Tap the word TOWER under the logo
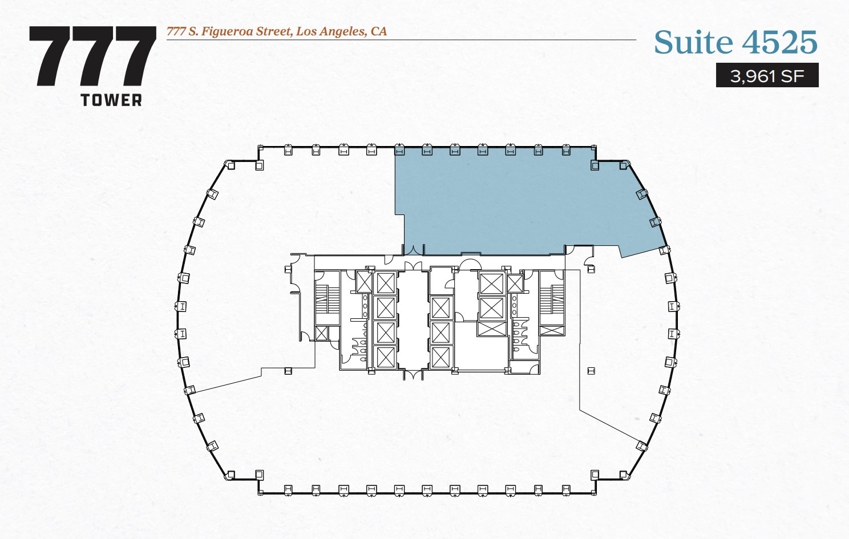[x=111, y=100]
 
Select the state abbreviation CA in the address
[x=379, y=31]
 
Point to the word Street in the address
[x=273, y=31]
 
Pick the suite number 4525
[x=779, y=43]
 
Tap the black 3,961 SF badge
[x=767, y=75]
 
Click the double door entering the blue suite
[x=413, y=249]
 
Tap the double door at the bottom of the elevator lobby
[x=413, y=375]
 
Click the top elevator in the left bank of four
[x=386, y=283]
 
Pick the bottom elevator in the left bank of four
[x=386, y=358]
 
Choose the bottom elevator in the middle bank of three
[x=441, y=357]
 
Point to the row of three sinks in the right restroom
[x=514, y=305]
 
